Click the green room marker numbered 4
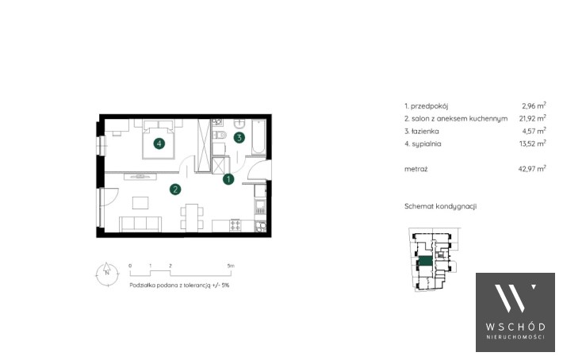tap(159, 144)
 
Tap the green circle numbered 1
tap(228, 179)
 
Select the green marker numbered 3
tap(239, 137)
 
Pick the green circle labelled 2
tap(175, 190)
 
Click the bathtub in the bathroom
tap(259, 137)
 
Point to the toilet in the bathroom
tap(220, 135)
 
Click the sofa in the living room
tap(140, 224)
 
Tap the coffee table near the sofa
tap(140, 202)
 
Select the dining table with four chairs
tap(192, 217)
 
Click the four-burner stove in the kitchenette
tap(236, 225)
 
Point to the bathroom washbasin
tap(239, 124)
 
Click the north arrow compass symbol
tap(107, 274)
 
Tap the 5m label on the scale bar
tap(231, 266)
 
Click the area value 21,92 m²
tap(534, 118)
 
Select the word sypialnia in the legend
tap(427, 144)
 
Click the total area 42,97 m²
tap(532, 168)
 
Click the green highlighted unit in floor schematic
tap(425, 262)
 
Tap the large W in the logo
tap(510, 298)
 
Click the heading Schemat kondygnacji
tap(441, 206)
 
